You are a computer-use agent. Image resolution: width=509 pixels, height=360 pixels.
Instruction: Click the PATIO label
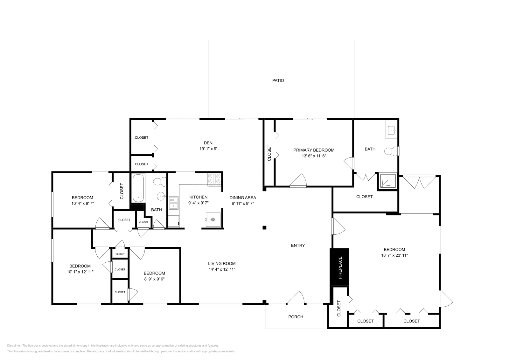[278, 80]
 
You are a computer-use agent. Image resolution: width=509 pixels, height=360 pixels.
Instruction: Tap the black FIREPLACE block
[339, 267]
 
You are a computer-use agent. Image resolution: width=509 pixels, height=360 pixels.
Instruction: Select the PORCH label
[296, 317]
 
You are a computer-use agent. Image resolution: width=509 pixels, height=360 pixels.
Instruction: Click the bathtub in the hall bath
[138, 188]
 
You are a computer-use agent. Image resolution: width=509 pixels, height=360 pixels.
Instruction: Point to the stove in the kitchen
[214, 179]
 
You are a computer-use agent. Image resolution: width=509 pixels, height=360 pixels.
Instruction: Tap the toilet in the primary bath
[391, 151]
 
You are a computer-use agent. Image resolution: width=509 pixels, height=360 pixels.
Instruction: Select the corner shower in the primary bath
[387, 181]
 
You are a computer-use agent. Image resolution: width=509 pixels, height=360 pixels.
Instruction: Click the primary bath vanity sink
[392, 129]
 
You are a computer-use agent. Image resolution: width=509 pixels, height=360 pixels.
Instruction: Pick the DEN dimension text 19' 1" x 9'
[208, 149]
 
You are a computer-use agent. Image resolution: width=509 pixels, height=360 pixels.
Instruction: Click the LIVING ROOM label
[222, 263]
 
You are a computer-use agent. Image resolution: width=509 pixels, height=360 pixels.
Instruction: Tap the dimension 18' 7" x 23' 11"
[394, 255]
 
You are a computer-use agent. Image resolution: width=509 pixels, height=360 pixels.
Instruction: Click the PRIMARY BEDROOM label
[314, 150]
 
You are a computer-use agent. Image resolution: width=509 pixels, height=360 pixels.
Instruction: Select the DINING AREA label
[243, 197]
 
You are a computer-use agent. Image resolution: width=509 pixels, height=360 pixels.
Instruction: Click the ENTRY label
[298, 245]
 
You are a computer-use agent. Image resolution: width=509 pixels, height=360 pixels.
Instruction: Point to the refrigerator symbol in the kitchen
[213, 219]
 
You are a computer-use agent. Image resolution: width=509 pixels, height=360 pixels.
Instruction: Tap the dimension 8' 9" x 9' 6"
[154, 279]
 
